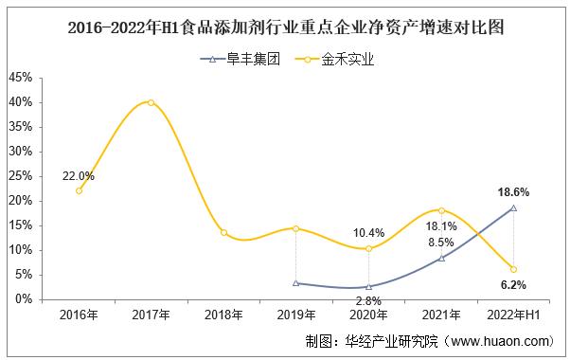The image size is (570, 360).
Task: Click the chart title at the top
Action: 286,27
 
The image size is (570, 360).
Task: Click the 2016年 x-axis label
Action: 79,314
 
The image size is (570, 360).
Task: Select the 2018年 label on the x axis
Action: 223,314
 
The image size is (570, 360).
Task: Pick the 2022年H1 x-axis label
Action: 513,314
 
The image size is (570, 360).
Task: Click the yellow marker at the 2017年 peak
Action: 151,102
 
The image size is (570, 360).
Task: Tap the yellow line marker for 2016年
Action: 79,190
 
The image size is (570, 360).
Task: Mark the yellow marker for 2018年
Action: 223,232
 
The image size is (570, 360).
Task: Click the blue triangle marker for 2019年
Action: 296,282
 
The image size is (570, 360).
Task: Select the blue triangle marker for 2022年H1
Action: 513,207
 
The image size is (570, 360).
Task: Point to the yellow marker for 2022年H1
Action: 513,269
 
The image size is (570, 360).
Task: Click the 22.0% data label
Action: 79,175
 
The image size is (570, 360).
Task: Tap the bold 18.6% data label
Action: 513,191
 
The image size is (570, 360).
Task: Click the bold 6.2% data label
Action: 513,284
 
